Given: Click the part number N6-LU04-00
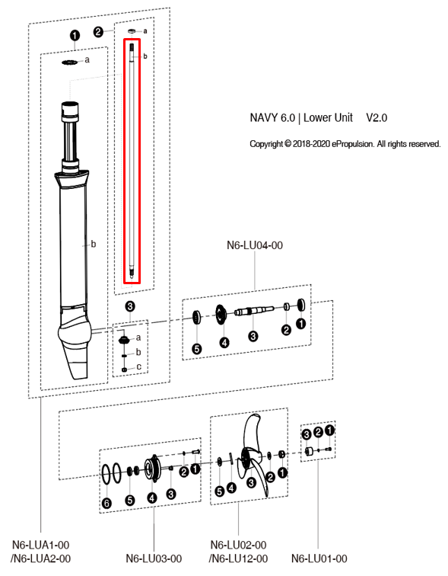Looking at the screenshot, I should (255, 245).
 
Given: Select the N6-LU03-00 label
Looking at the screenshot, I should (154, 559).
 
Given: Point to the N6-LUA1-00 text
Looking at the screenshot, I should (41, 545).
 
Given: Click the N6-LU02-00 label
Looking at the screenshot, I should (237, 545).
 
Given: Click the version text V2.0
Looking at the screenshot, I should (377, 118).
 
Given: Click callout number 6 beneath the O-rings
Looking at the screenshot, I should (106, 503).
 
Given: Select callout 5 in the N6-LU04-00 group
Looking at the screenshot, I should (196, 348).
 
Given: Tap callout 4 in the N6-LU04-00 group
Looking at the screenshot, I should (224, 343).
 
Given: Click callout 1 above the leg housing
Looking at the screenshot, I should (75, 35).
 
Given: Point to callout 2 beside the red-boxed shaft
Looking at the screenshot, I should (99, 31).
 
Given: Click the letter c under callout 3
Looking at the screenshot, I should (138, 367).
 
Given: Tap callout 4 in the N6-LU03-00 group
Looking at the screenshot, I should (151, 498).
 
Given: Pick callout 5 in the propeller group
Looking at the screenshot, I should (219, 491).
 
